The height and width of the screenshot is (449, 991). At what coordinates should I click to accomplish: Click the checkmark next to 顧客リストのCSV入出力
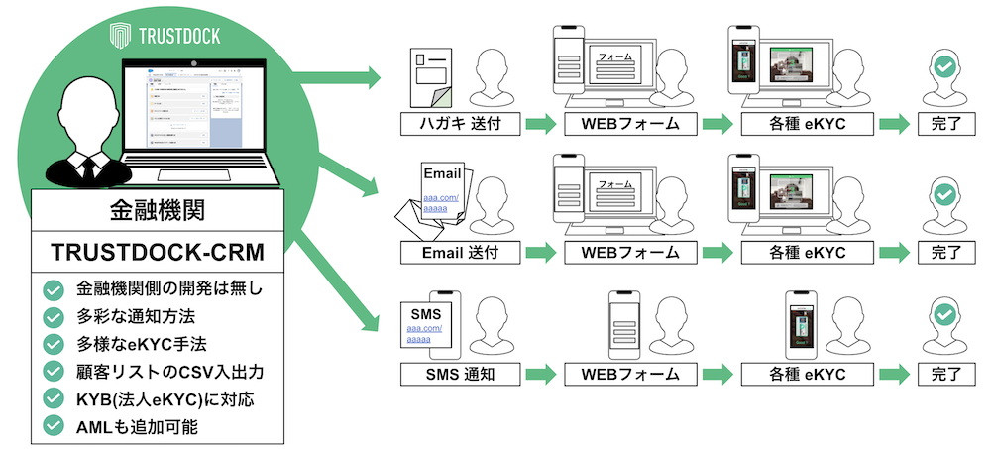[x=55, y=372]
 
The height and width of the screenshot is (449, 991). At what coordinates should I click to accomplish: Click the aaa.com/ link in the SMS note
[x=424, y=328]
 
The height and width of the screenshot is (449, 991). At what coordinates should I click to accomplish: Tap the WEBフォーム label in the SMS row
[x=622, y=375]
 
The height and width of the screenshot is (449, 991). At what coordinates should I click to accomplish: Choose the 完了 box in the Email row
[x=945, y=252]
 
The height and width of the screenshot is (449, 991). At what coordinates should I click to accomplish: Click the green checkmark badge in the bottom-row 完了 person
[x=945, y=316]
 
